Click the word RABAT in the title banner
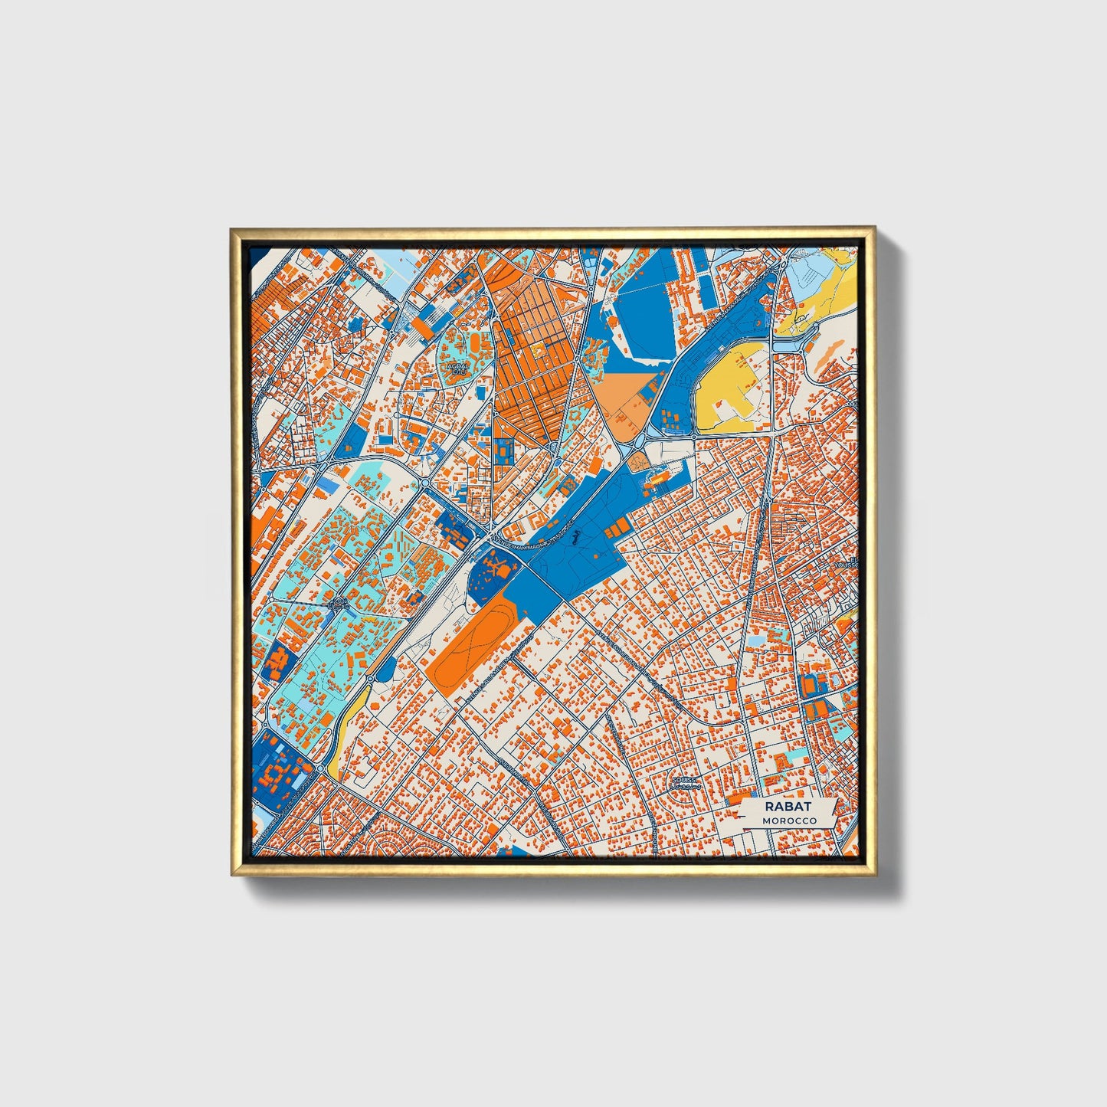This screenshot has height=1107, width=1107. coord(788,807)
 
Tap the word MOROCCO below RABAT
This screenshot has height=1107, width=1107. coord(789,820)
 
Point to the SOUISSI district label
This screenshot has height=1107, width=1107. coord(681,781)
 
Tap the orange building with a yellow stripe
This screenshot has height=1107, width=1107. coord(655,480)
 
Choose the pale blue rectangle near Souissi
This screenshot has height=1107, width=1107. coord(756,639)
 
